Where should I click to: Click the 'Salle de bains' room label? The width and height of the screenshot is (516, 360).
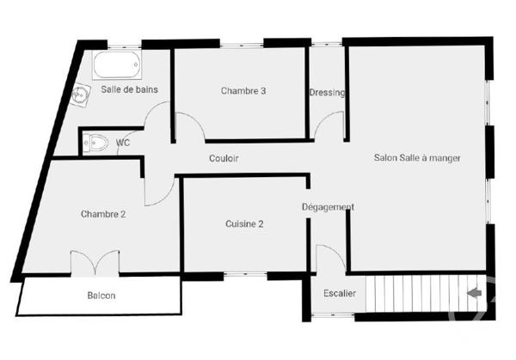tap(129, 88)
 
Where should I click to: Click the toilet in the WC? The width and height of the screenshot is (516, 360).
tap(96, 143)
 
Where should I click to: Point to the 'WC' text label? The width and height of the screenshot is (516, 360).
tap(123, 143)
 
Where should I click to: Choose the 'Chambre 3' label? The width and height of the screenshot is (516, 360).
tap(243, 90)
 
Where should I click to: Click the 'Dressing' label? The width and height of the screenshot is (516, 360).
tap(327, 93)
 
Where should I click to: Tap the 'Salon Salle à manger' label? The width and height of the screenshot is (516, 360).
tap(417, 158)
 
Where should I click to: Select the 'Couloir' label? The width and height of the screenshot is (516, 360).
tap(224, 158)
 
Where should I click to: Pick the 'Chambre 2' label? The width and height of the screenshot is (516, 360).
tap(104, 214)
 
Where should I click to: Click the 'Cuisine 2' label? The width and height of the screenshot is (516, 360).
tap(244, 223)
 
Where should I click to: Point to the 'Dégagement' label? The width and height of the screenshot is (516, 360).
tap(328, 207)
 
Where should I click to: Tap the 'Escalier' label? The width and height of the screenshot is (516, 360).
tap(340, 294)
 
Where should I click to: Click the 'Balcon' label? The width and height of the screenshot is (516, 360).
tap(101, 296)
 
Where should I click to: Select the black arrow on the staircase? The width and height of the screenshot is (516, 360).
tap(473, 294)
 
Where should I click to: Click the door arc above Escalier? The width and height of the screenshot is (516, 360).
tap(331, 258)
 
